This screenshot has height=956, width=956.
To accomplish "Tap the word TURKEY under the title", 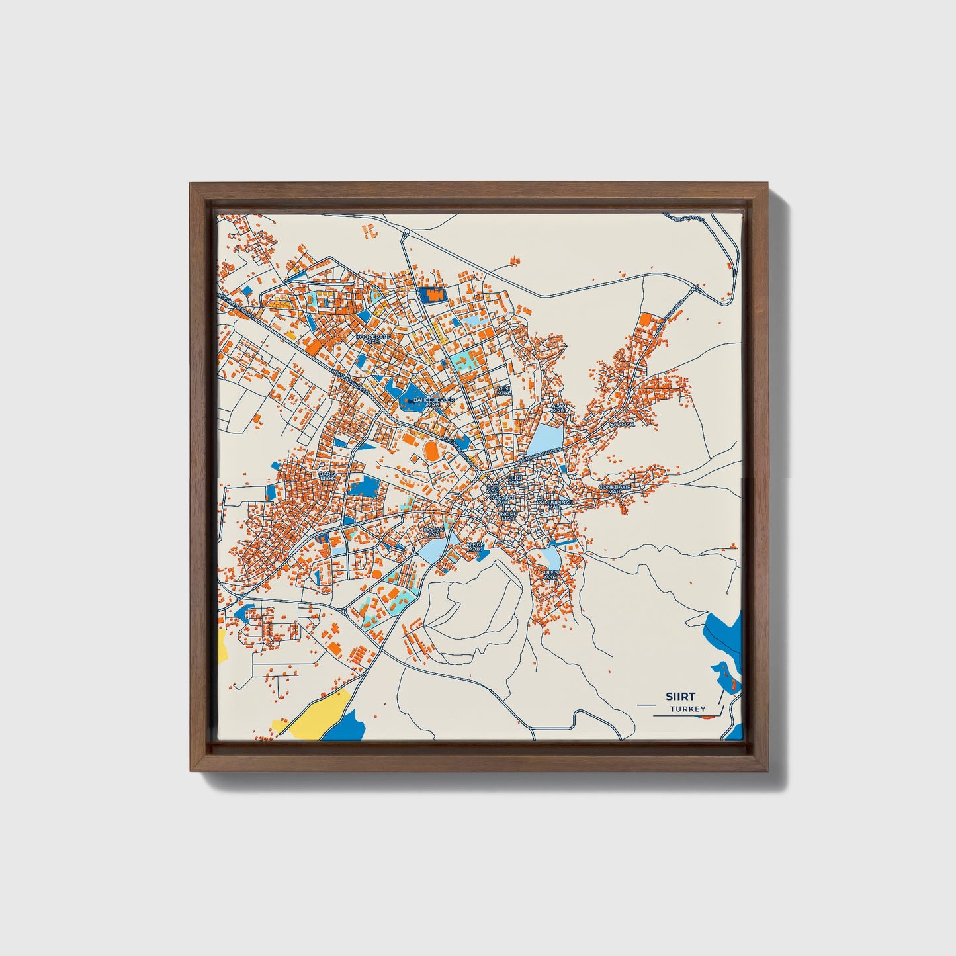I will (x=687, y=709).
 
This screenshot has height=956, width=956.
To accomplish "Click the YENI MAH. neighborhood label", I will (x=504, y=390).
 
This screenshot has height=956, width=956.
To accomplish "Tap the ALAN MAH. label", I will (x=560, y=408).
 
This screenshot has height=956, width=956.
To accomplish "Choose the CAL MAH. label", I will (x=622, y=423).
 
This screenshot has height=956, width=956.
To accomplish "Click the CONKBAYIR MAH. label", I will (x=615, y=488).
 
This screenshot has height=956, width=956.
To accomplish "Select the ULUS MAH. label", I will (x=551, y=574).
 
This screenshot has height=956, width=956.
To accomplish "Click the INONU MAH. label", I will (x=508, y=516).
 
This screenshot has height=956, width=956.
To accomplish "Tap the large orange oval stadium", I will (x=431, y=451).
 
